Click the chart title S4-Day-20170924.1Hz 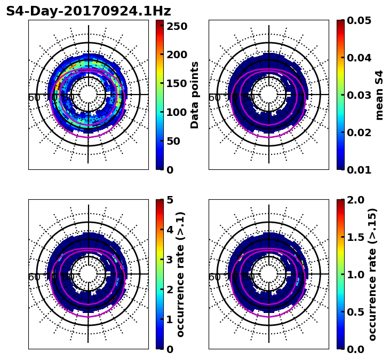[x=89, y=11]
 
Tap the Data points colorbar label [x=195, y=95]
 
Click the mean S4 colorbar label [x=379, y=95]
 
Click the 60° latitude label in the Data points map [x=34, y=98]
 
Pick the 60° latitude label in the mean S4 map [x=214, y=98]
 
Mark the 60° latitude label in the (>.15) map [x=214, y=277]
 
